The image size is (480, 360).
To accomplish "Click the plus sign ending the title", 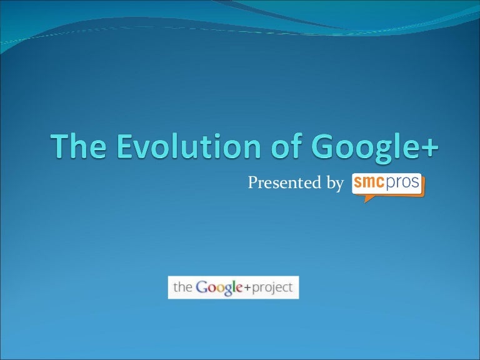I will pyautogui.click(x=430, y=147).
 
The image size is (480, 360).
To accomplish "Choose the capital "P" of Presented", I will pyautogui.click(x=253, y=183).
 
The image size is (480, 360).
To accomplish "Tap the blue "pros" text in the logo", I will pyautogui.click(x=404, y=184).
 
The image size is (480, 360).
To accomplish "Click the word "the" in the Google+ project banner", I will pyautogui.click(x=182, y=287).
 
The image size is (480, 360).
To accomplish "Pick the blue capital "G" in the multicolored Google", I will pyautogui.click(x=202, y=287).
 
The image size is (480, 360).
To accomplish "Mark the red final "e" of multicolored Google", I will pyautogui.click(x=241, y=288).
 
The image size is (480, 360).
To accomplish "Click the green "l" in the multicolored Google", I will pyautogui.click(x=235, y=287).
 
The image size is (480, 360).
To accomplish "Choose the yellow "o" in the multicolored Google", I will pyautogui.click(x=219, y=288).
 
